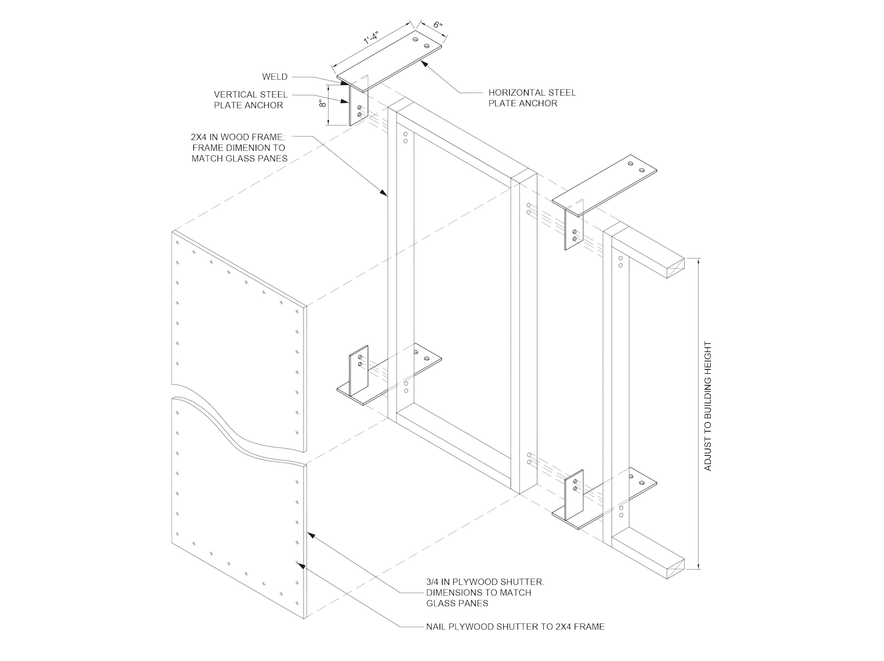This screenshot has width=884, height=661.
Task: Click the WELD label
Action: (275, 77)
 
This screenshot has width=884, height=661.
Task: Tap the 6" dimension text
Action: (438, 25)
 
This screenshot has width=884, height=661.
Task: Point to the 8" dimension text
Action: (322, 104)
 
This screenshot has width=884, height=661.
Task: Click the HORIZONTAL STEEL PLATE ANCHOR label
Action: (532, 98)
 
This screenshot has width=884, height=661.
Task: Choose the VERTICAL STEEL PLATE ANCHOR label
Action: (250, 100)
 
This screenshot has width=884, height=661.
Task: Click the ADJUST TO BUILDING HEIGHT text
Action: (708, 406)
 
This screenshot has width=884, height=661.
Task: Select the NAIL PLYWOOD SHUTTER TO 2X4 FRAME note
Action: (516, 626)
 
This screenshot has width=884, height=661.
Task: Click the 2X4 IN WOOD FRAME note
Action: (239, 147)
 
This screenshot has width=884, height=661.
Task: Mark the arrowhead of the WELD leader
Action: (345, 83)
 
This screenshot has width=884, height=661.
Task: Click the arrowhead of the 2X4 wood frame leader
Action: (385, 193)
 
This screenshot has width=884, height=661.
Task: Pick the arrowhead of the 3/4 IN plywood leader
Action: (311, 535)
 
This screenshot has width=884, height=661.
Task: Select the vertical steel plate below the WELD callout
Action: (358, 106)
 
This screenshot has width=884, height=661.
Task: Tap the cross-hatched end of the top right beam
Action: (676, 268)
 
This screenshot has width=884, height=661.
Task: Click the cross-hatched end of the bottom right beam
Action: (676, 569)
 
